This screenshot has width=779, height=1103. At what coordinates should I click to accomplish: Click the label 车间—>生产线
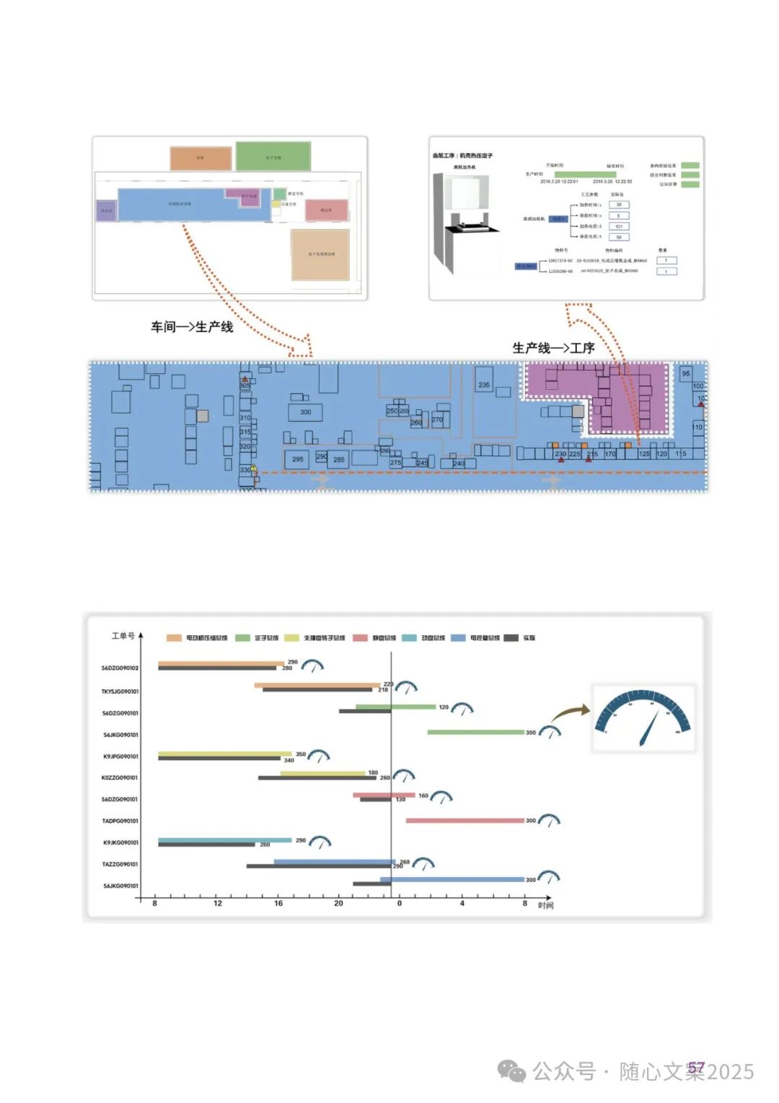192,327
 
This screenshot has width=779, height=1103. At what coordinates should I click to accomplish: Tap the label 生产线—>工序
553,348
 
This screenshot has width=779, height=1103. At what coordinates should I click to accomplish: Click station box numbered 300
306,412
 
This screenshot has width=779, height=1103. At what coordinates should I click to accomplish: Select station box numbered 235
484,385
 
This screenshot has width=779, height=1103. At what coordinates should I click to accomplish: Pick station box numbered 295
297,459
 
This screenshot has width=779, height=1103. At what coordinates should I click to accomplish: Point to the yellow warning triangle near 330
254,468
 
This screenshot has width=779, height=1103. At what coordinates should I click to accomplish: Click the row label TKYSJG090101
120,692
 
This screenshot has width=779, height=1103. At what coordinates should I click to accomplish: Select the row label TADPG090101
120,821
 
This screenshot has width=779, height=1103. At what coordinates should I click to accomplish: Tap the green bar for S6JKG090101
475,732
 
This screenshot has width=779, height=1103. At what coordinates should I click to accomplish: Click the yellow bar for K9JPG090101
224,754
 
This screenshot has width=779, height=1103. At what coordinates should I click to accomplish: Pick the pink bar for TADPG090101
465,820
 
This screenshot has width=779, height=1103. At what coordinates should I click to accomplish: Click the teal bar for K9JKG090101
224,840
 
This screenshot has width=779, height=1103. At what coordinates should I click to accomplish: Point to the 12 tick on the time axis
218,903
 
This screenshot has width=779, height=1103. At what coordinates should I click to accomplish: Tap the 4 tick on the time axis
462,903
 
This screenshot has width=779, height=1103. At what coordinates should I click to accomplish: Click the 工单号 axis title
123,636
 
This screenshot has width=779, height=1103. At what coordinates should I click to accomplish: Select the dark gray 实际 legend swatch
511,638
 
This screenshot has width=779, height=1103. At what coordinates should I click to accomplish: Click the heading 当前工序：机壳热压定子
462,155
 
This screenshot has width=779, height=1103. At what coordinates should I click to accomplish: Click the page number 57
695,1067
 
